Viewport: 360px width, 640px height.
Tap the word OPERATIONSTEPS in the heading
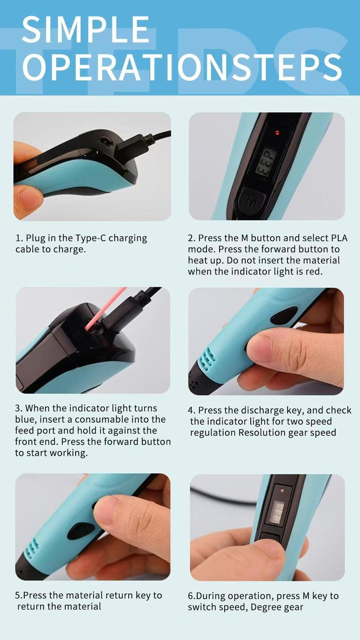click(182, 68)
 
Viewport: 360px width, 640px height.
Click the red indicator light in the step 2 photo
click(277, 133)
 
